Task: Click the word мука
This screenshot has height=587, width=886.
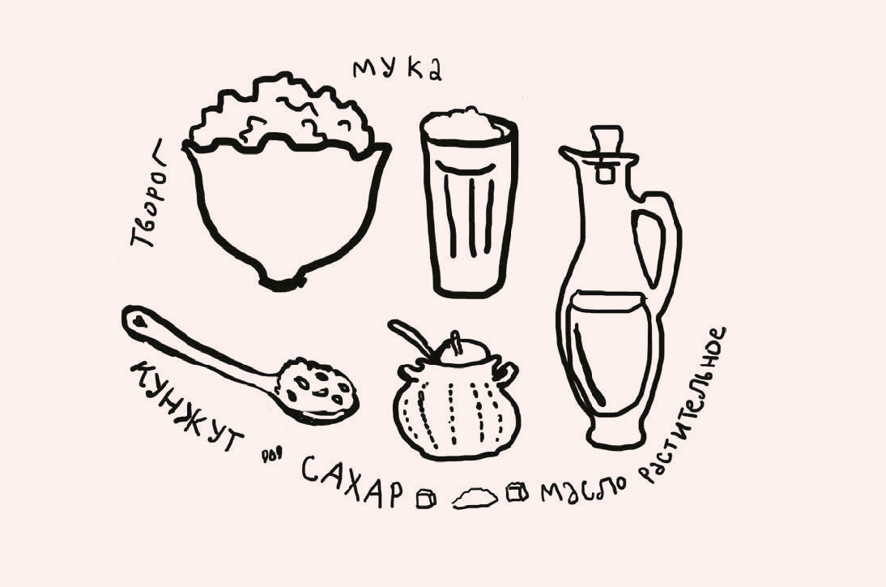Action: [397, 69]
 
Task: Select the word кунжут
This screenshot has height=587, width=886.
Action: [186, 406]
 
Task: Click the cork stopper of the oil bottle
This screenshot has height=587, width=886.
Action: [606, 152]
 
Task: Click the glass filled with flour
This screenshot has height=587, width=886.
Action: [469, 203]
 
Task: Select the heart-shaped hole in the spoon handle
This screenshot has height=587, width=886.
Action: [138, 322]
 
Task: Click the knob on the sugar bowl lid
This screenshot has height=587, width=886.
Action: [455, 340]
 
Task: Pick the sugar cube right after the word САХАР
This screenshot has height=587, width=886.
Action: [425, 498]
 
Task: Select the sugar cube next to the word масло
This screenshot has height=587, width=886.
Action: [517, 491]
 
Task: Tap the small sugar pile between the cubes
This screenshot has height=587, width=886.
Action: [475, 498]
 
